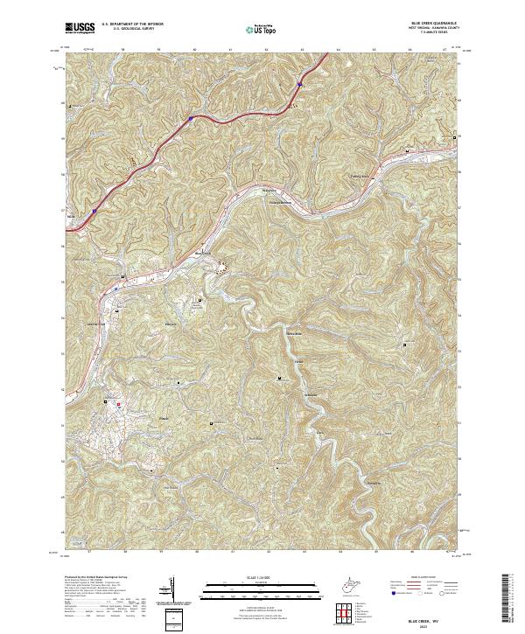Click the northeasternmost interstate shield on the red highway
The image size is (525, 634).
pos(298,85)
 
